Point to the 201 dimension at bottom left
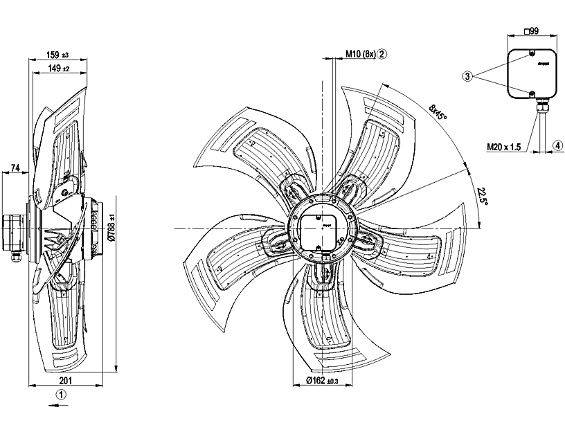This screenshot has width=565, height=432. pos(66,381)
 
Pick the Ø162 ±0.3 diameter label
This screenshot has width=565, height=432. pos(323,381)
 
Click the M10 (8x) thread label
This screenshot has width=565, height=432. pos(360,53)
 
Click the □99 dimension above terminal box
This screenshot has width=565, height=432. pos(532,31)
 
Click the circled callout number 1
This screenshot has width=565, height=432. pos(62,395)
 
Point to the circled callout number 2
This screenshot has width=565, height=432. pos(382,53)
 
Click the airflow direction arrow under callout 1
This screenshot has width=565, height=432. pos(60,408)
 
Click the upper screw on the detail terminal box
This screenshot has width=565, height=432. pos(531,53)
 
